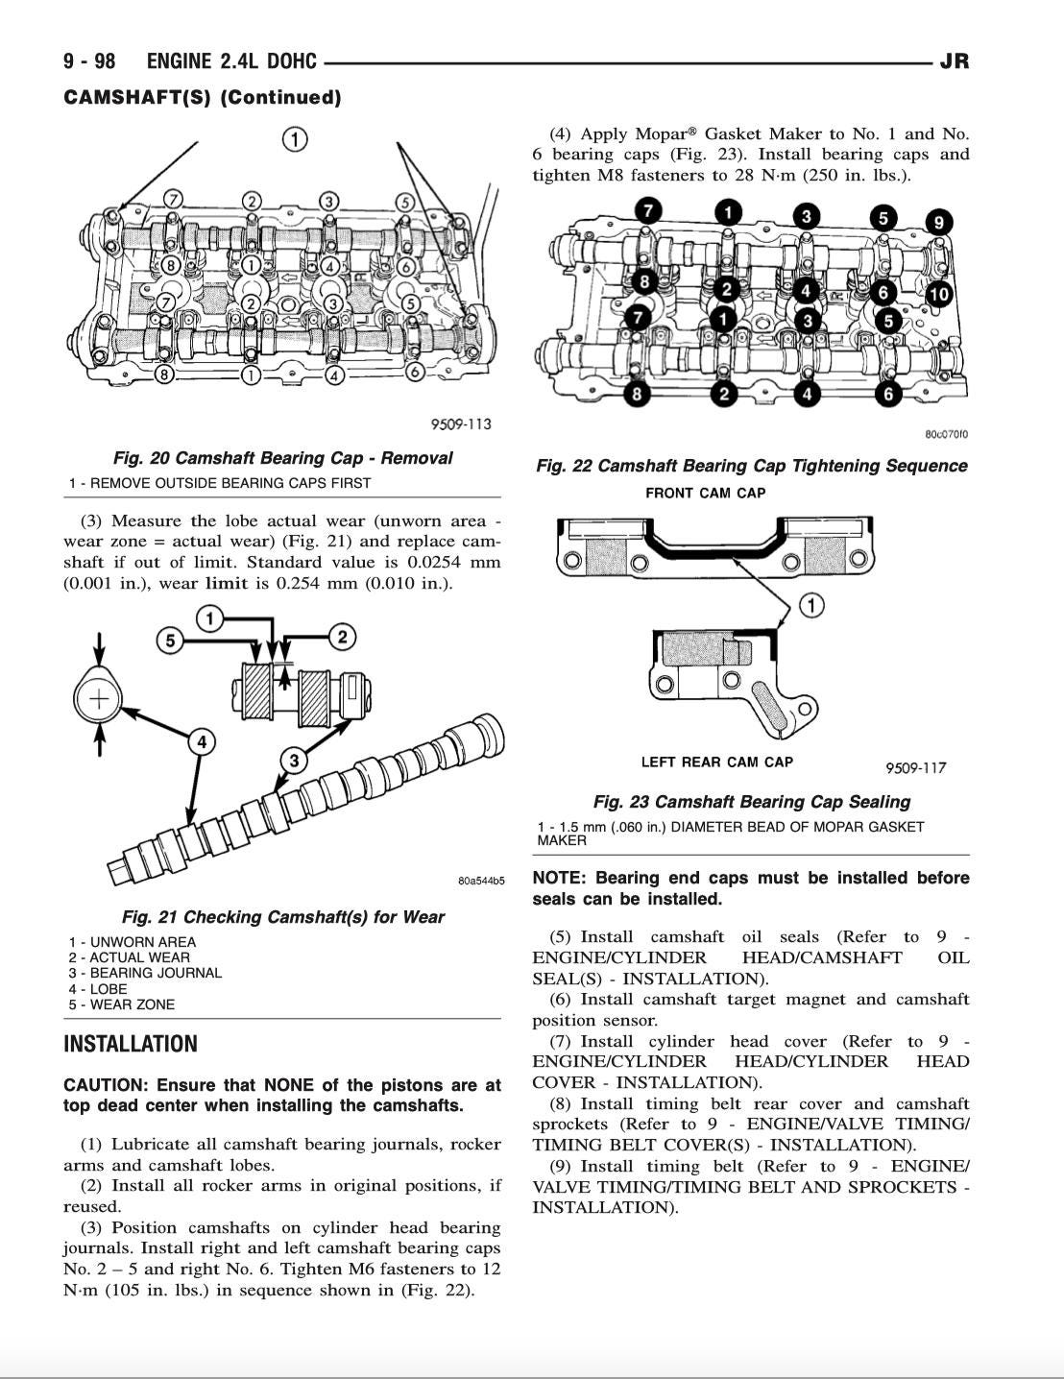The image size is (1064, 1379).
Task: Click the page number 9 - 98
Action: pos(88,61)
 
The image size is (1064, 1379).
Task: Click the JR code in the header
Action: pos(954,61)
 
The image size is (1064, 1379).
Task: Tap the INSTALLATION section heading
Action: pos(130,1044)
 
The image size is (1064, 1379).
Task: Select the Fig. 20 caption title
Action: pos(282,458)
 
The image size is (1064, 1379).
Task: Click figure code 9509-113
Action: pos(460,424)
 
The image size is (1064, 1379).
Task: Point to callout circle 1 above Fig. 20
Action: pos(295,139)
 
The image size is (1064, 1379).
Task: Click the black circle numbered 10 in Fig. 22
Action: pos(938,294)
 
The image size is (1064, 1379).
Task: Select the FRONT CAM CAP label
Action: pos(705,493)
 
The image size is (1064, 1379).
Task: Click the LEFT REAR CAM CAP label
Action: pos(716,762)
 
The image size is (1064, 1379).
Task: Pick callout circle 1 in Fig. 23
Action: pos(811,605)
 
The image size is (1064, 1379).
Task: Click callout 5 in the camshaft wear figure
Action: pos(170,641)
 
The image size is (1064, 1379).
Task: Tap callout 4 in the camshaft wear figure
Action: pos(202,741)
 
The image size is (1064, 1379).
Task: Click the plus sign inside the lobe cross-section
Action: pos(98,698)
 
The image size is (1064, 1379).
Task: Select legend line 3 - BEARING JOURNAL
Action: pos(145,973)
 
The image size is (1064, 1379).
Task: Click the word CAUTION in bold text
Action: pos(105,1085)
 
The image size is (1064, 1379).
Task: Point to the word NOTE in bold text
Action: pos(558,878)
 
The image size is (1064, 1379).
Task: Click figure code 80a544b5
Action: pos(480,881)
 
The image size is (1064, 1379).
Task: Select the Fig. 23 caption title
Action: pos(751,802)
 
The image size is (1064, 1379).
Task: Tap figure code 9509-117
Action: pos(915,767)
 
